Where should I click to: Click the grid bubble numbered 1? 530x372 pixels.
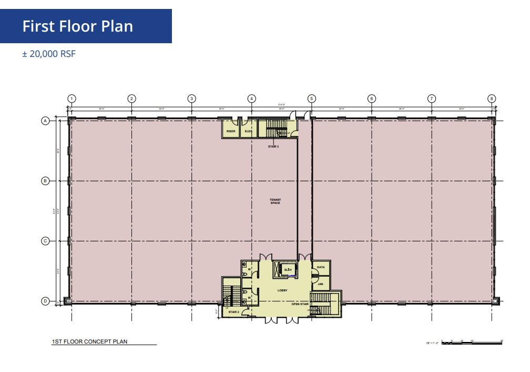click(x=72, y=99)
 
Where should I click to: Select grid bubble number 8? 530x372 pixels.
click(x=492, y=99)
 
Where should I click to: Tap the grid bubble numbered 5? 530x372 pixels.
click(x=311, y=99)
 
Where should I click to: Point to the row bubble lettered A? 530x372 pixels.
click(x=45, y=121)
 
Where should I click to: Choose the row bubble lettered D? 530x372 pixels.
click(x=45, y=301)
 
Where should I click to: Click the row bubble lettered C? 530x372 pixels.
click(x=45, y=241)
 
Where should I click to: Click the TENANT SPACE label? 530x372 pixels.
click(x=275, y=201)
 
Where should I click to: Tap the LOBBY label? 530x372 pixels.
click(x=282, y=290)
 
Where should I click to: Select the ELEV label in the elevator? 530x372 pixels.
click(x=288, y=270)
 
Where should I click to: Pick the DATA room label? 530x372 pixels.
click(x=321, y=267)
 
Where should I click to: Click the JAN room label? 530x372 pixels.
click(x=320, y=283)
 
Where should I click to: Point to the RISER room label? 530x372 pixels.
click(x=231, y=131)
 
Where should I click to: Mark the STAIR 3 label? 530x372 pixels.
click(x=273, y=146)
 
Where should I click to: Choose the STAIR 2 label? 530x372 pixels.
click(x=233, y=312)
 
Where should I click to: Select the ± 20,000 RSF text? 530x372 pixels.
click(x=49, y=54)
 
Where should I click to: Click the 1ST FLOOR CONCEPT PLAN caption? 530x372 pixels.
click(x=89, y=341)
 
